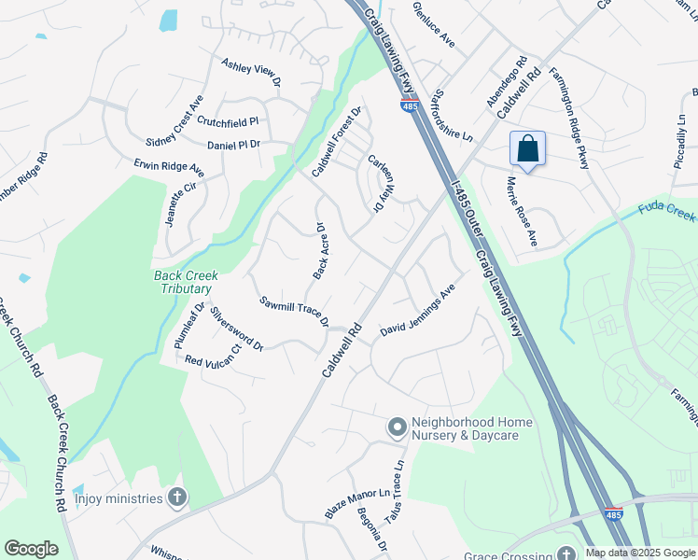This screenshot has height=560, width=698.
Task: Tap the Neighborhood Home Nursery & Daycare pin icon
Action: point(397,428)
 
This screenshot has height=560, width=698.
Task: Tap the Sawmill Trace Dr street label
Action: point(295,311)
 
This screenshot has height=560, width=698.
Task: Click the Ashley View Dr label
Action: point(251,75)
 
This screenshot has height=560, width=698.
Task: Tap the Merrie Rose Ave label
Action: point(522,212)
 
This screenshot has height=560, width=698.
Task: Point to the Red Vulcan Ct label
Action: point(213,356)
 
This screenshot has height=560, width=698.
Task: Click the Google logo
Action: point(31,549)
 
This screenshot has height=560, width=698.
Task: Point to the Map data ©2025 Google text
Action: point(640,553)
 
